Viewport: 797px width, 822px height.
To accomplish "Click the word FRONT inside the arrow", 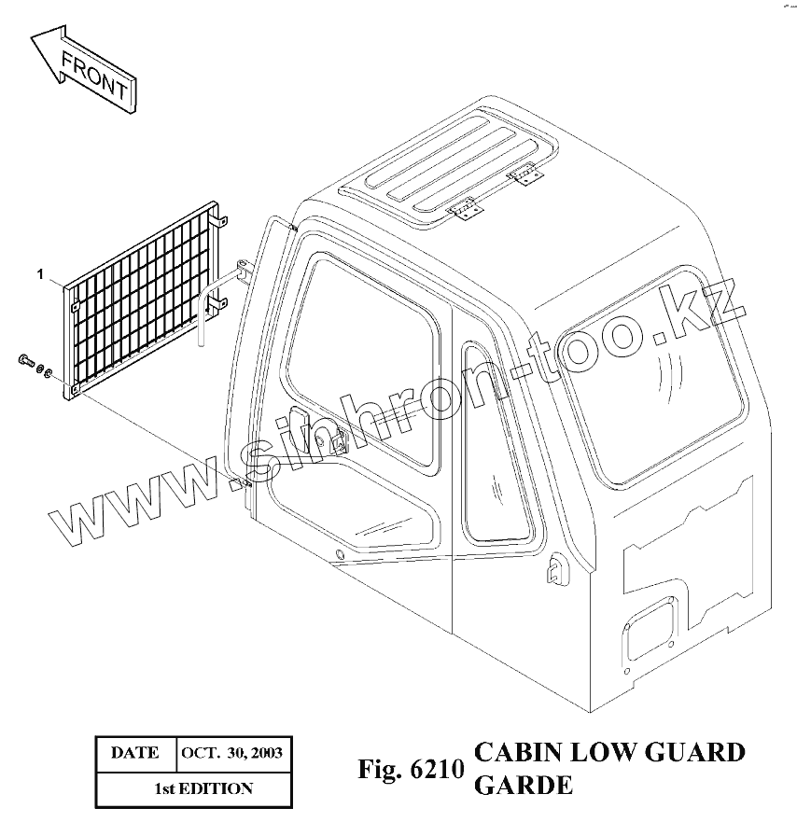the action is click(x=93, y=77).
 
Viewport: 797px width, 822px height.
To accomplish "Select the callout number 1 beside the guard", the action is click(x=40, y=273).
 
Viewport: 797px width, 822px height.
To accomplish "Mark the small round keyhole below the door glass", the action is click(x=340, y=557).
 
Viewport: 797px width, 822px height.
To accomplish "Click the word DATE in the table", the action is click(x=135, y=753).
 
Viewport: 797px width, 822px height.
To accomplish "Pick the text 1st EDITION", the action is click(x=203, y=788).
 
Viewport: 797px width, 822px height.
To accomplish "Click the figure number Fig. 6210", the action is click(x=411, y=771).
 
